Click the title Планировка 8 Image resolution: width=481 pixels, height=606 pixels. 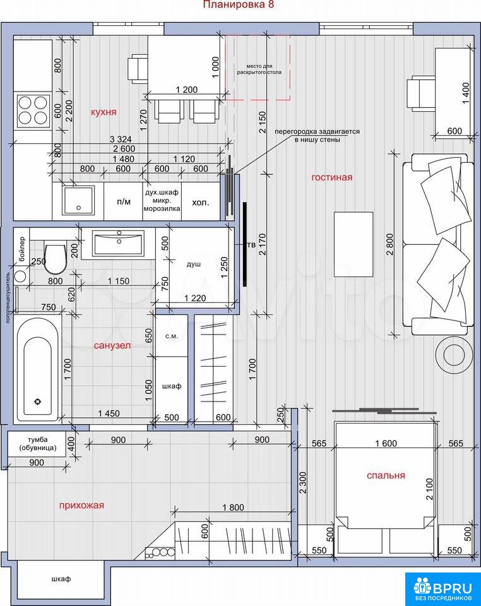click(239, 4)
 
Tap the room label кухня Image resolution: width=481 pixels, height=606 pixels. click(104, 112)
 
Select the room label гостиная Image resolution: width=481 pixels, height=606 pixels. click(332, 177)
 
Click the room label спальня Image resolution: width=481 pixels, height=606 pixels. click(386, 475)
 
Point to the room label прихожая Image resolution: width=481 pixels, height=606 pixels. click(81, 506)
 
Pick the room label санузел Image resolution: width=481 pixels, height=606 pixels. click(112, 345)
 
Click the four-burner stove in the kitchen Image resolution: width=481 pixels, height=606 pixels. click(32, 110)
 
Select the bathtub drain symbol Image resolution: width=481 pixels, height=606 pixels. click(37, 401)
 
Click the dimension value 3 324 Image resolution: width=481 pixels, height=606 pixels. click(121, 139)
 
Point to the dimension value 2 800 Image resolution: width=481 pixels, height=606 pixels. click(389, 244)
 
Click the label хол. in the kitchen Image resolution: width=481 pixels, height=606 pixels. click(201, 202)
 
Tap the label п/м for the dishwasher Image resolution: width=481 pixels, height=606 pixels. click(124, 202)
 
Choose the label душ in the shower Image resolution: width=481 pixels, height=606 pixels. click(194, 264)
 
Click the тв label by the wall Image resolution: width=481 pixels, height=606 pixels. click(251, 245)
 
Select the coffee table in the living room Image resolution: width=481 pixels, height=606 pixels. click(353, 244)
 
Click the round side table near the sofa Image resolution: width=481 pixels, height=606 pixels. click(454, 354)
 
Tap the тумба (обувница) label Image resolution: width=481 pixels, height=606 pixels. click(38, 444)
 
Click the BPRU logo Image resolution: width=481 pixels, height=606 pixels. click(442, 590)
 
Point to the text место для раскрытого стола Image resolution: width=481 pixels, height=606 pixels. click(259, 69)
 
